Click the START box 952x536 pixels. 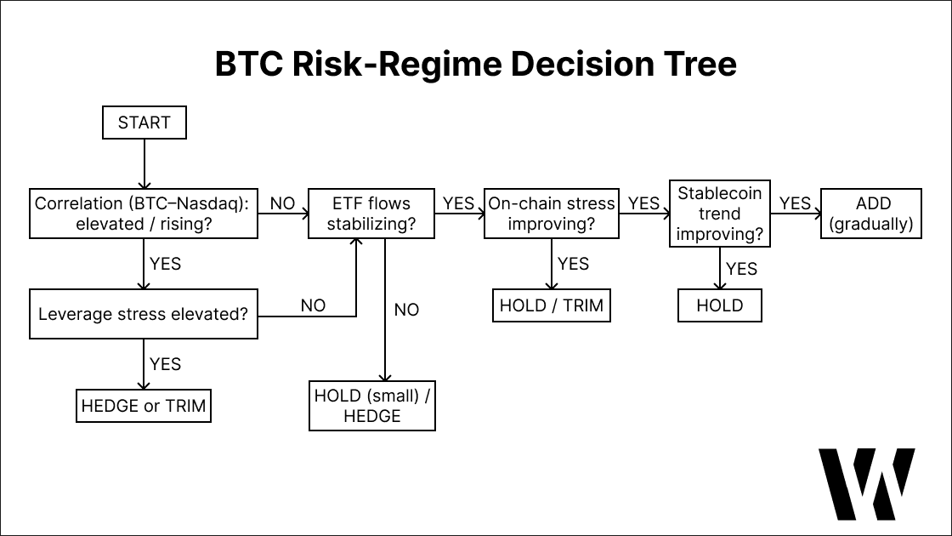pyautogui.click(x=144, y=123)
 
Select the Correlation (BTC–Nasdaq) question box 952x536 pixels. pyautogui.click(x=144, y=214)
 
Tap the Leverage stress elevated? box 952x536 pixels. pyautogui.click(x=144, y=314)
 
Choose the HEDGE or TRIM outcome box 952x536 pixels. pyautogui.click(x=144, y=406)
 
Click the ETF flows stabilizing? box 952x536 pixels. pyautogui.click(x=371, y=214)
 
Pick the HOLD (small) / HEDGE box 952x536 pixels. pyautogui.click(x=371, y=405)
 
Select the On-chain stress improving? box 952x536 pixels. pyautogui.click(x=551, y=214)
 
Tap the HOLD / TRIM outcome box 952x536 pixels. pyautogui.click(x=551, y=305)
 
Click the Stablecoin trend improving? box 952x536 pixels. pyautogui.click(x=720, y=214)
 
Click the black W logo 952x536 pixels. pyautogui.click(x=866, y=483)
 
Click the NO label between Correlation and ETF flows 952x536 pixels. pyautogui.click(x=282, y=203)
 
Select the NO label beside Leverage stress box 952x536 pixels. pyautogui.click(x=313, y=305)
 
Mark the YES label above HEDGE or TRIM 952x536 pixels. pyautogui.click(x=166, y=364)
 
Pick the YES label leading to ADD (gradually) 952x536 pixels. pyautogui.click(x=796, y=203)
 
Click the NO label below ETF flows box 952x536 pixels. pyautogui.click(x=406, y=310)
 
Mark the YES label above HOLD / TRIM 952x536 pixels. pyautogui.click(x=574, y=264)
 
